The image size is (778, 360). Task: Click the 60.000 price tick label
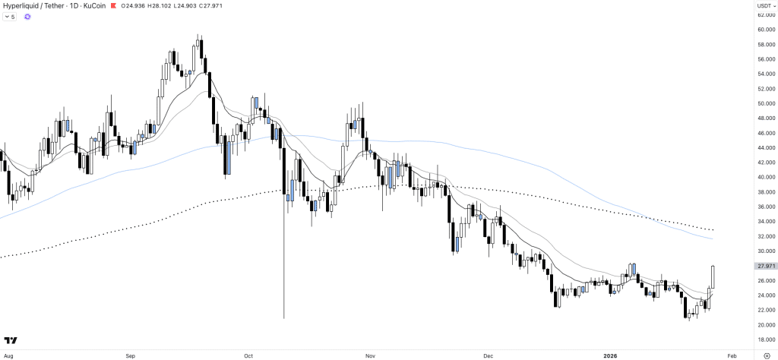pos(764,30)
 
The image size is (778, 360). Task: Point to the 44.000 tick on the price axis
pos(764,148)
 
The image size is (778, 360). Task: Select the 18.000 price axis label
pos(764,339)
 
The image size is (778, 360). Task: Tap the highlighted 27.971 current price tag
pos(764,266)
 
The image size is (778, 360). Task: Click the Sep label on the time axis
pos(130,355)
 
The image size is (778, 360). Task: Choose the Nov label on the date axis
pos(371,355)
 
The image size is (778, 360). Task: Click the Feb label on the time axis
pos(731,355)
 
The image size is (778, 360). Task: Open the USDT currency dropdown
pos(764,6)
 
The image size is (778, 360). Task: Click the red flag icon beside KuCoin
pos(114,6)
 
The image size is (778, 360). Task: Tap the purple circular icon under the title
pos(27,16)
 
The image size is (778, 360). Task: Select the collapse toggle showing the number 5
pos(10,16)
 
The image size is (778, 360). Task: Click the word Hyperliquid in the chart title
pos(21,6)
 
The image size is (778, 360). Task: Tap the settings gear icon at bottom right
pos(765,355)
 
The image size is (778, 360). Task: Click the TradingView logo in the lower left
pos(11,340)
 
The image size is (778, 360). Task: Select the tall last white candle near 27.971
pos(713,276)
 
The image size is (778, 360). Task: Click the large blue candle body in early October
pos(228,156)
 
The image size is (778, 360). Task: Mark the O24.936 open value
pos(133,6)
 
